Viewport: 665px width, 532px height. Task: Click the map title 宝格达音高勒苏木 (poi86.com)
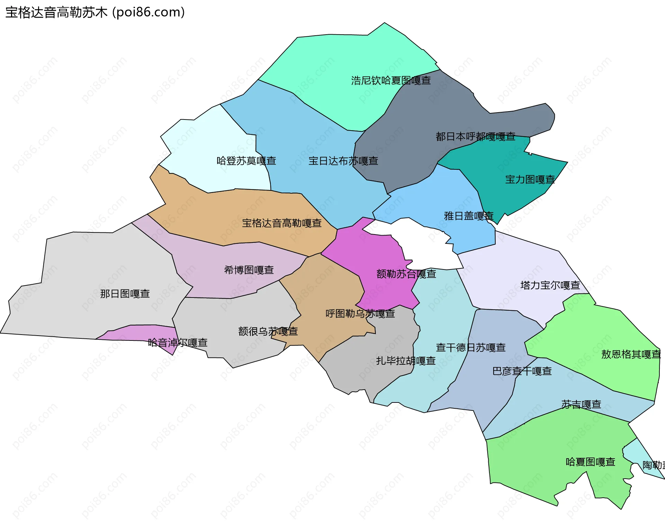tap(95, 12)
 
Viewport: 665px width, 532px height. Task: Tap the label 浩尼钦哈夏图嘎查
tap(391, 80)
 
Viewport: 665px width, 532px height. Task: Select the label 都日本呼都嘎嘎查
tap(475, 136)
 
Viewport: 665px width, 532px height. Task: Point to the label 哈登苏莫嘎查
tap(246, 161)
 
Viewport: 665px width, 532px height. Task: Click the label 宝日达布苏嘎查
tap(343, 161)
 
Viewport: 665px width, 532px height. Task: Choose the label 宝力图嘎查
tap(530, 179)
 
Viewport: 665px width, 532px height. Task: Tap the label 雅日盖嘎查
tap(469, 216)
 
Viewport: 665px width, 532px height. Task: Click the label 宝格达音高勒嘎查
tap(282, 223)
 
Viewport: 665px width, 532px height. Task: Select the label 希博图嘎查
tap(249, 270)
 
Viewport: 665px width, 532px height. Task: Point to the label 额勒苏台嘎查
tap(406, 274)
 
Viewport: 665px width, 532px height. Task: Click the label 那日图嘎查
tap(125, 294)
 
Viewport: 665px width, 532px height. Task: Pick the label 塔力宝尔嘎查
tap(550, 285)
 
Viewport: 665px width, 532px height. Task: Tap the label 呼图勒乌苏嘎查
tap(360, 313)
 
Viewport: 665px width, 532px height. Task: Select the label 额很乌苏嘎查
tap(268, 331)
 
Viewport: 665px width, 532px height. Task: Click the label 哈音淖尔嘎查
tap(177, 343)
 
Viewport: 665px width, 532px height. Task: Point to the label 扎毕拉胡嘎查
tap(406, 361)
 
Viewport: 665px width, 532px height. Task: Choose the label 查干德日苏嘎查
tap(470, 347)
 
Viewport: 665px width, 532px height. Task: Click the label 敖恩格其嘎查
tap(631, 354)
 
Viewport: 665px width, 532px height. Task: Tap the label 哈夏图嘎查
tap(590, 462)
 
